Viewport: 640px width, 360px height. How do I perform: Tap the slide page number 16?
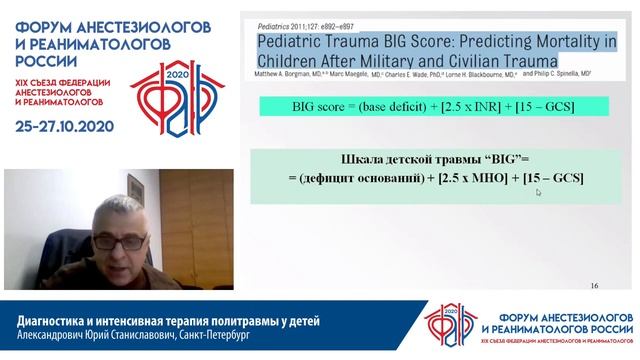click(595, 286)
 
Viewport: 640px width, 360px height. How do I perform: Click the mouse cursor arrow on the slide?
click(538, 192)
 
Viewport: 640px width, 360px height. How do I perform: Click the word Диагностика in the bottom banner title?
click(62, 319)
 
